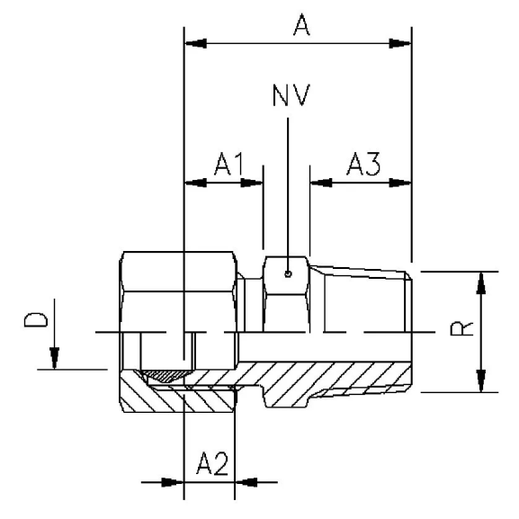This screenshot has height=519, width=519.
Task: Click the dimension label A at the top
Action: click(x=301, y=26)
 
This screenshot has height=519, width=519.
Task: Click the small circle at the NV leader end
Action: click(x=287, y=275)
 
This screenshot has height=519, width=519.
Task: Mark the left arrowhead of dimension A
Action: click(x=193, y=43)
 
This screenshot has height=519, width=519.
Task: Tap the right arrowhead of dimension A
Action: click(x=401, y=43)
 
